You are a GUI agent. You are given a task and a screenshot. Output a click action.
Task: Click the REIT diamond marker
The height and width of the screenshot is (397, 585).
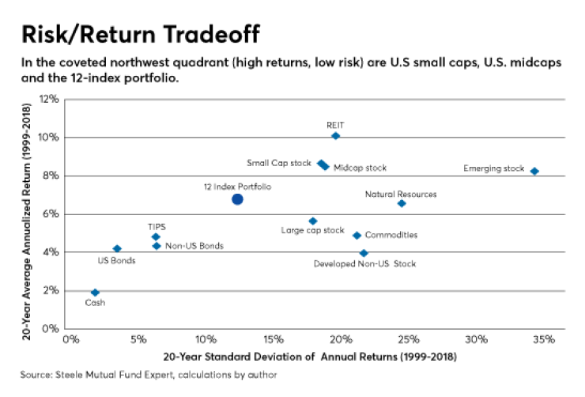coord(335,136)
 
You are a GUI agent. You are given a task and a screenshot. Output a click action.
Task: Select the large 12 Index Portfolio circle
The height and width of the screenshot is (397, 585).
coord(237,199)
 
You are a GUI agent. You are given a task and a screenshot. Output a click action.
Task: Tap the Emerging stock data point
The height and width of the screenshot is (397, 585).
coord(534,171)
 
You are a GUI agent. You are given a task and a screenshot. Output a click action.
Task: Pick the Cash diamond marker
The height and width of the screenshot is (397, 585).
coord(95,293)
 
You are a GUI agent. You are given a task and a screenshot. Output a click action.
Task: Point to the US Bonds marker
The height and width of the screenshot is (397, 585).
coord(117,248)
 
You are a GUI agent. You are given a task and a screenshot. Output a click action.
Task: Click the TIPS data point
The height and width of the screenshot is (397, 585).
coord(156,236)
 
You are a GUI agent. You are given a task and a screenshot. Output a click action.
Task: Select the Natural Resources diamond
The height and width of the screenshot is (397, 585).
coord(402,203)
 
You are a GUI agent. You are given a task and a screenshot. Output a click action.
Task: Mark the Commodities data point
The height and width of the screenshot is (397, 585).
coord(357,235)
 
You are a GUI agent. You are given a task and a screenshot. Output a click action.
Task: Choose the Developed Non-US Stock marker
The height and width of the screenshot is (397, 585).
coord(364,253)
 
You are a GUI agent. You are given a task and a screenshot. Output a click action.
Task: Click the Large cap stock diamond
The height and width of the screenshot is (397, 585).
coord(312,221)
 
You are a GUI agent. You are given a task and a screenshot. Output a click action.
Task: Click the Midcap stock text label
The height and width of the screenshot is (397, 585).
coord(360,168)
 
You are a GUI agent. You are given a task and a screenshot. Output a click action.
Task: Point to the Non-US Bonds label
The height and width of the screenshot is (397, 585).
coord(194,246)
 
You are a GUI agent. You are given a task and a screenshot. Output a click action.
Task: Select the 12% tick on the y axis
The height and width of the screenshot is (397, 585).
coord(50,100)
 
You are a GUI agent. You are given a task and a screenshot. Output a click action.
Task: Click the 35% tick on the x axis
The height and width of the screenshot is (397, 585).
coord(543,340)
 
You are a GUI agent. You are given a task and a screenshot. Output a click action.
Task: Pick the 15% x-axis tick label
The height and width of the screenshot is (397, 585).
coord(274,340)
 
